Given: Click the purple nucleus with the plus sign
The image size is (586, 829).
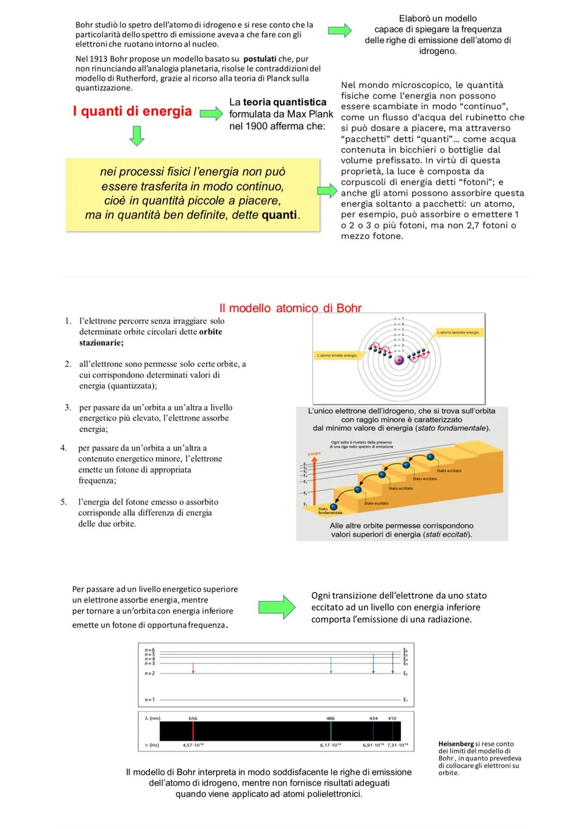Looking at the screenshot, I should click(x=399, y=360).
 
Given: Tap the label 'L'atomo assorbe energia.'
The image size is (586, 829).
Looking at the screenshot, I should click(x=459, y=332).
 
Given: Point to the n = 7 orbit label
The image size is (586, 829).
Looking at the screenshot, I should click(x=399, y=319).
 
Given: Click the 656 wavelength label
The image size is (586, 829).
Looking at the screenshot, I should click(x=193, y=718).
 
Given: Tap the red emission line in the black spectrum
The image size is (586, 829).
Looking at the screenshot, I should click(x=193, y=731).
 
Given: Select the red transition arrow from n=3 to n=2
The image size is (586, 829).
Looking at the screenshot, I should click(x=193, y=668).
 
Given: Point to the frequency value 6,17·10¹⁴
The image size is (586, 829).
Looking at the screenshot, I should click(x=330, y=745).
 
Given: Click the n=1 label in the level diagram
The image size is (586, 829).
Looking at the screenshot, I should click(x=150, y=699).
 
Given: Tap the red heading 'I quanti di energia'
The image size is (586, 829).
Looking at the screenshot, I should click(x=132, y=111).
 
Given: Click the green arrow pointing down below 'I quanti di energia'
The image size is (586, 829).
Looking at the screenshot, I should click(x=136, y=136).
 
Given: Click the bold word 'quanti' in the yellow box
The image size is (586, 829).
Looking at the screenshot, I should click(x=279, y=215).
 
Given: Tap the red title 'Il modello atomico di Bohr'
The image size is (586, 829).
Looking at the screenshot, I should click(x=290, y=308).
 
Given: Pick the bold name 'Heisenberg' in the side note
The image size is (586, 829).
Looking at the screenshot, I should click(x=456, y=744).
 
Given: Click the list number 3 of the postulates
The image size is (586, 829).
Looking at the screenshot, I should click(x=68, y=407).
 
